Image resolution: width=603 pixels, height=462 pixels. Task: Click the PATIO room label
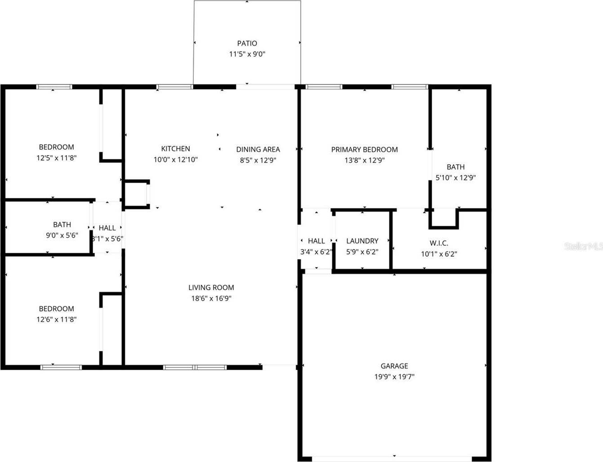(247, 43)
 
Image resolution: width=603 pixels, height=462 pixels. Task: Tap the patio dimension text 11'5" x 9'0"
(247, 54)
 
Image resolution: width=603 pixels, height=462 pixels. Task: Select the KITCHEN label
(175, 148)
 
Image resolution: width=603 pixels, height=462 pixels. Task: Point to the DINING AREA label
(258, 149)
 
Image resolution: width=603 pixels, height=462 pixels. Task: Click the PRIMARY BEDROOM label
(364, 149)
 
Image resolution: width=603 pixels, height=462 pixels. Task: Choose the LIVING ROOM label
(211, 287)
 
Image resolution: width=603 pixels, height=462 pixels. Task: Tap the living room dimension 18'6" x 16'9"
(211, 298)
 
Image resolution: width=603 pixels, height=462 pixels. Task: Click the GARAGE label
(394, 366)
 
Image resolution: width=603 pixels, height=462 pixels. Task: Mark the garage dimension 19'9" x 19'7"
(394, 377)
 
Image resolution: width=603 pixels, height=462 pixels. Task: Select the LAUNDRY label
(362, 241)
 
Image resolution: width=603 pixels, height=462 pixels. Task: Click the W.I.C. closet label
(438, 243)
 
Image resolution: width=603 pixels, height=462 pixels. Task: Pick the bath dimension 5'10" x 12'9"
(456, 178)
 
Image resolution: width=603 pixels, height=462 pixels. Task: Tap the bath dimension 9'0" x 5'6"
(62, 235)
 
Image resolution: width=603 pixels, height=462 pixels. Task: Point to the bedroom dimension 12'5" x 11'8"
(56, 158)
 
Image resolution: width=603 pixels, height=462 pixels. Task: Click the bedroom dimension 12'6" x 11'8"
(56, 319)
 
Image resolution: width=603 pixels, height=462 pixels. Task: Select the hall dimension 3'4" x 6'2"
(316, 252)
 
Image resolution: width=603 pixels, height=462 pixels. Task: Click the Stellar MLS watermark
(583, 247)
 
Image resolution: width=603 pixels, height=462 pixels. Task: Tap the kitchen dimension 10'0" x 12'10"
(175, 159)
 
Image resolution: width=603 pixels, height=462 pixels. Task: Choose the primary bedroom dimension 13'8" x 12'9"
(364, 160)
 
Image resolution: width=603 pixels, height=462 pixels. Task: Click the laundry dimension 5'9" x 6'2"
(362, 252)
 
